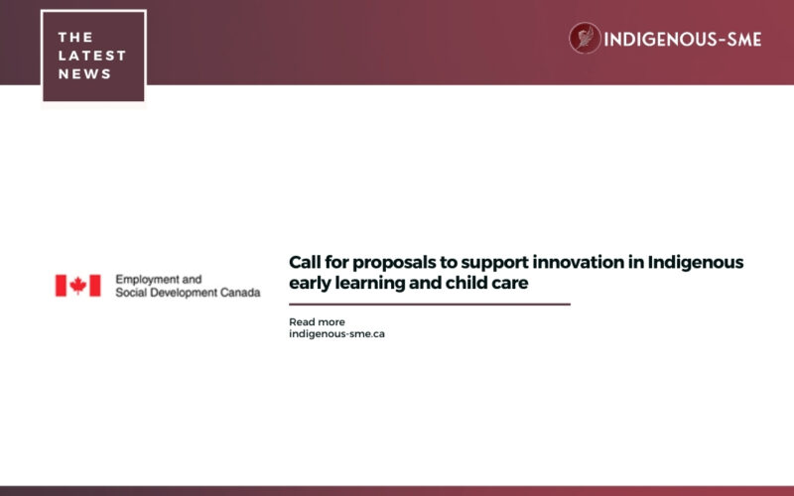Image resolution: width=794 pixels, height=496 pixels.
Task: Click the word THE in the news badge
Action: tap(75, 37)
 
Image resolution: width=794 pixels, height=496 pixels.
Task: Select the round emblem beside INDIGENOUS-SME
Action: tap(585, 39)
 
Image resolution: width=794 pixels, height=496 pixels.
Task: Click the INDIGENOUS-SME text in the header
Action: tap(684, 40)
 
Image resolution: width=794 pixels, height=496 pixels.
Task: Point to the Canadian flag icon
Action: tap(77, 286)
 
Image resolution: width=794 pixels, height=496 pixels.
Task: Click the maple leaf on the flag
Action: tap(77, 286)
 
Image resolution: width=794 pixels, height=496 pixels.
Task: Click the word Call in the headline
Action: tap(305, 262)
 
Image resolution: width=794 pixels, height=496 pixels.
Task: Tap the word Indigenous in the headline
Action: tap(695, 263)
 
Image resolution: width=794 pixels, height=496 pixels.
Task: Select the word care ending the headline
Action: tap(507, 283)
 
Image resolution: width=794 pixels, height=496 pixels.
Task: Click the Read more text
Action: tap(317, 321)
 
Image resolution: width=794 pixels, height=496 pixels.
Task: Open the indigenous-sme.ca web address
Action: tap(336, 334)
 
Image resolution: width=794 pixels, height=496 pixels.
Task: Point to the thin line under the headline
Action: tap(429, 305)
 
